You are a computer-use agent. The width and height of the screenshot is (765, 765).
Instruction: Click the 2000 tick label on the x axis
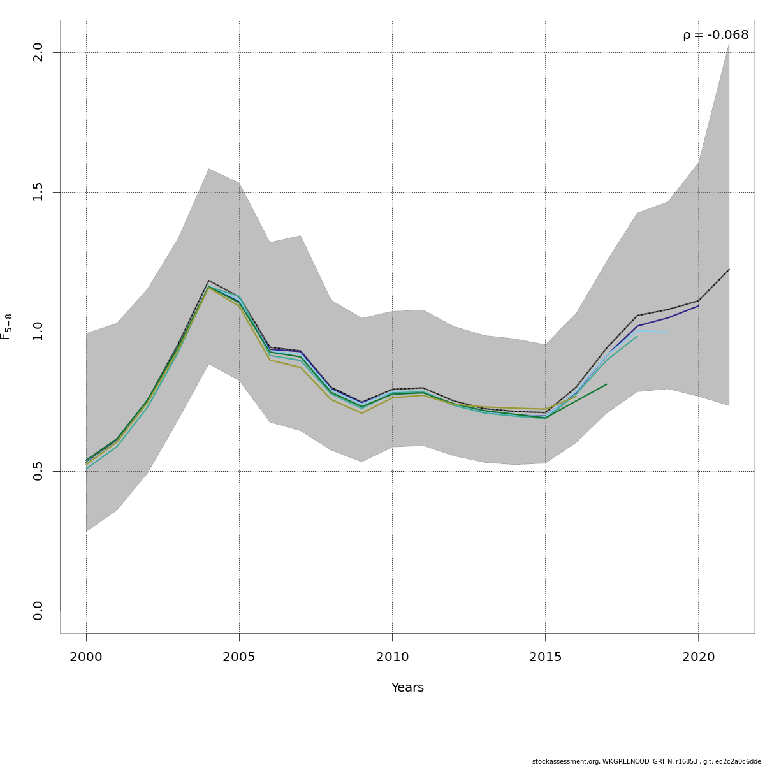86,657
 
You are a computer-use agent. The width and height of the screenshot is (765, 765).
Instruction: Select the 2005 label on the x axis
239,657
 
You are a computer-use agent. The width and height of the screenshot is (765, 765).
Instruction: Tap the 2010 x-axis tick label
392,657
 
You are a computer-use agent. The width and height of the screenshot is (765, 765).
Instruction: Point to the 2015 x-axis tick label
545,657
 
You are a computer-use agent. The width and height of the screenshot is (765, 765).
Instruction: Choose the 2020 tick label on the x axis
699,657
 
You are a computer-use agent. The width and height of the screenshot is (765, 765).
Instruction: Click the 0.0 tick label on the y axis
38,611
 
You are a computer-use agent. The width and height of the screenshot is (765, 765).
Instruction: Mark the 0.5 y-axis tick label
38,471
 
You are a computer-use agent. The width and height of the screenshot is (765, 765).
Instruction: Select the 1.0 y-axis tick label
38,331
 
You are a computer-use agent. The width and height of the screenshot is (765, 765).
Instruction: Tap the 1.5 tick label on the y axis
38,192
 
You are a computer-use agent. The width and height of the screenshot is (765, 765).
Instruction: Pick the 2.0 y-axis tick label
38,52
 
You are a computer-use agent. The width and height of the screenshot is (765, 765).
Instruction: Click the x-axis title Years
407,688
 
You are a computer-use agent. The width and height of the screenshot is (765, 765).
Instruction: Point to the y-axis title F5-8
6,326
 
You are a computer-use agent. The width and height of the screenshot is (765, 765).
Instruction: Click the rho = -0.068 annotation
715,35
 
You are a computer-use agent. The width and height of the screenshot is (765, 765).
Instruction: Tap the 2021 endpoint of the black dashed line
729,269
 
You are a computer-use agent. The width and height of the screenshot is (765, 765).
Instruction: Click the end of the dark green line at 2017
607,384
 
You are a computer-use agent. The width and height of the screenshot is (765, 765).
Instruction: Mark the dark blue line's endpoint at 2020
699,306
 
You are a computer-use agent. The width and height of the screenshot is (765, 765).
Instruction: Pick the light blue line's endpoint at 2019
668,331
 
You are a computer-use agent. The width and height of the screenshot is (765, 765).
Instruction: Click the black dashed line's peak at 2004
208,280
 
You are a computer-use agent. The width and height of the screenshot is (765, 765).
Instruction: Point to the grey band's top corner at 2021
729,43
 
